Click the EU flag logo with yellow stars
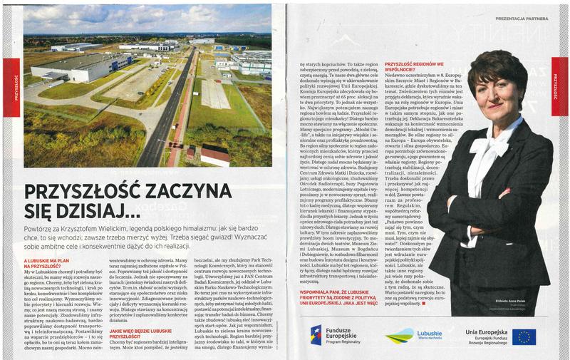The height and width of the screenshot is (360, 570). (523, 336)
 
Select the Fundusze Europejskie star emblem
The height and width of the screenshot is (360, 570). (316, 336)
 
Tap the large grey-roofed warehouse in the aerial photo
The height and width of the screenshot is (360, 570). (78, 68)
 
